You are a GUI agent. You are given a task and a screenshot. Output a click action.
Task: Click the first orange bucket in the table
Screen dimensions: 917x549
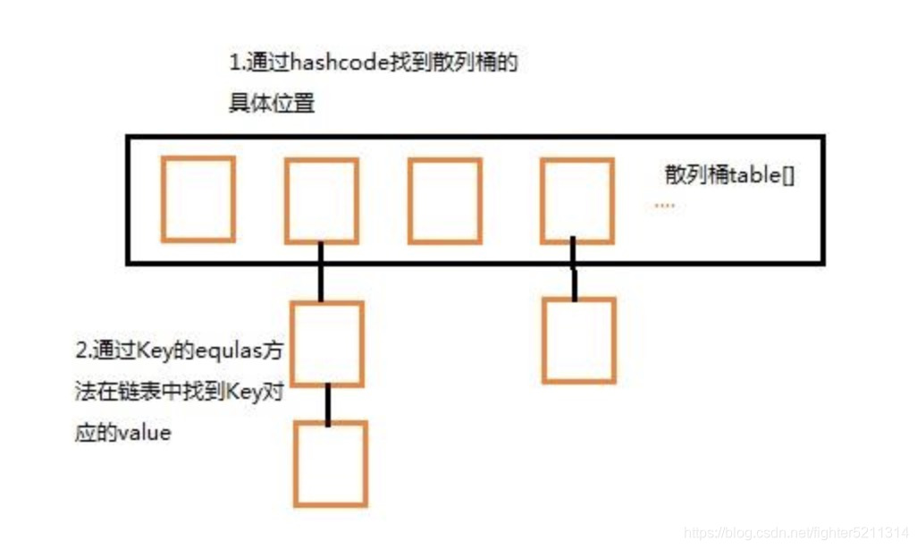click(198, 198)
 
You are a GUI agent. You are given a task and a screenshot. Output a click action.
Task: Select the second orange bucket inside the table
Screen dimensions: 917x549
click(321, 200)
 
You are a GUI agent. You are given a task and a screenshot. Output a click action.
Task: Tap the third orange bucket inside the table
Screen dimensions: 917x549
click(444, 200)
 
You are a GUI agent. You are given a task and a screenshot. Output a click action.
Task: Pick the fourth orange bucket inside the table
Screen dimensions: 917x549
click(577, 200)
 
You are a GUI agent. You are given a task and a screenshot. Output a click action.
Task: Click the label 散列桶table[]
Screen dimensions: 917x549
click(729, 175)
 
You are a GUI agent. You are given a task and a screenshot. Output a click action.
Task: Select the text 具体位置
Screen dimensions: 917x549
click(272, 104)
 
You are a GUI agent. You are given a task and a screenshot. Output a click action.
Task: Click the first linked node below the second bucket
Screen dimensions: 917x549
click(327, 343)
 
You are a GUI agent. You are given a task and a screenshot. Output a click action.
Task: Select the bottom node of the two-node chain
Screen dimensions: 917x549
click(330, 463)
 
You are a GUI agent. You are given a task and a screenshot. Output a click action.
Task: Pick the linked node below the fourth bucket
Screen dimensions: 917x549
click(578, 341)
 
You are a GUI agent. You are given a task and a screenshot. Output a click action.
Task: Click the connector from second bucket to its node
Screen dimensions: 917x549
click(319, 273)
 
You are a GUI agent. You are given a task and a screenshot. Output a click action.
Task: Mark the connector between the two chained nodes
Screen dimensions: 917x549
click(329, 404)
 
